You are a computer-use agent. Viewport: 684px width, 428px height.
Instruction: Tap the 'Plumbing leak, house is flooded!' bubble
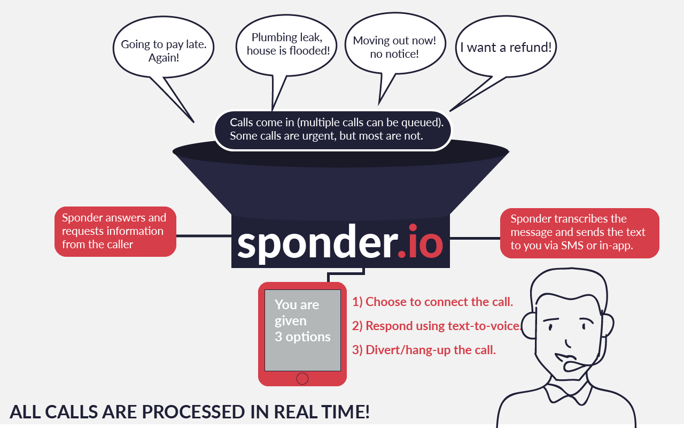click(x=286, y=45)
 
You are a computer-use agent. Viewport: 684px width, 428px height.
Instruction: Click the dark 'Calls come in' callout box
click(x=332, y=130)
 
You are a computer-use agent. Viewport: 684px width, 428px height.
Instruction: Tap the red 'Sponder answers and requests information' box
click(x=115, y=232)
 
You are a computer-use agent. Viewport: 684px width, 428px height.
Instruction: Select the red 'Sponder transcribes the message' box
click(x=580, y=233)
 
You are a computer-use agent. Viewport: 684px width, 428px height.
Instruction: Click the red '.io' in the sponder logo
click(x=421, y=242)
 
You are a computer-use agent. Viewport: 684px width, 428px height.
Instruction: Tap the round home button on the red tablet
click(x=302, y=378)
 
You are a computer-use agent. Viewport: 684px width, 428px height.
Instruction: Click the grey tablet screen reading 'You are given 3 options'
click(x=302, y=330)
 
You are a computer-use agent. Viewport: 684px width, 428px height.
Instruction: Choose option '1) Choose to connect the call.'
click(x=432, y=302)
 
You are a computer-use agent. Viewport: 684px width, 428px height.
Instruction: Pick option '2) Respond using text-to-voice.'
click(x=437, y=326)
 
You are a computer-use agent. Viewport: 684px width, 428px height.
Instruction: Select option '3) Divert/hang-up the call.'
click(x=424, y=350)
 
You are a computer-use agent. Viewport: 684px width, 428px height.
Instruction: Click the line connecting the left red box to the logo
click(x=204, y=236)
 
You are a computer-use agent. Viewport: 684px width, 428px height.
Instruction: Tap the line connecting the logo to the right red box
click(x=475, y=238)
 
